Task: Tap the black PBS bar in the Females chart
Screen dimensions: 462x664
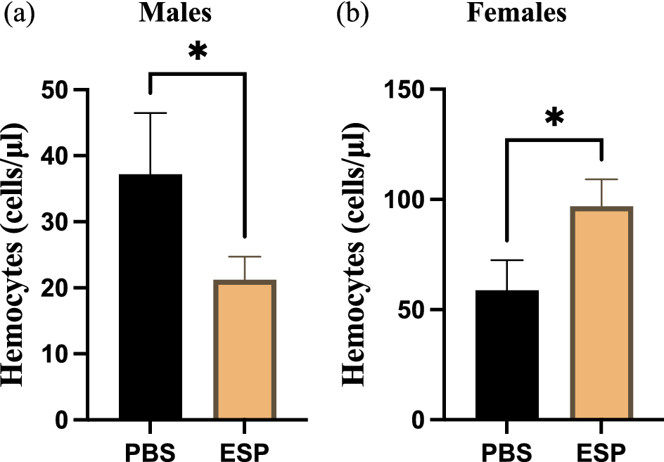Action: (x=507, y=354)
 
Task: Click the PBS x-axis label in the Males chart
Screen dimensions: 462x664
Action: (x=151, y=448)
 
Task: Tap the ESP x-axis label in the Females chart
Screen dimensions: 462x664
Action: (x=601, y=448)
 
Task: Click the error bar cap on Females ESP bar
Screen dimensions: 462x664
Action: (x=601, y=179)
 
